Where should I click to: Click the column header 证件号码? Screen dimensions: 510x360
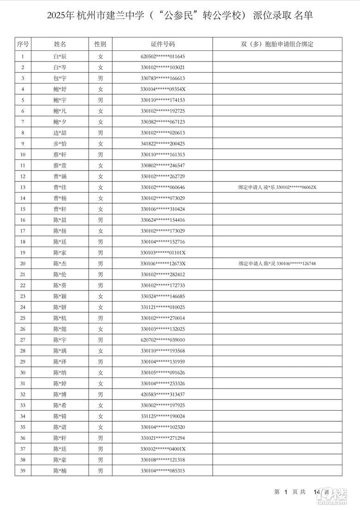tap(163, 44)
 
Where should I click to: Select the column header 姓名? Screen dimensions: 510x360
tap(60, 44)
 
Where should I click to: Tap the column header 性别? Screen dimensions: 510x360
tap(100, 44)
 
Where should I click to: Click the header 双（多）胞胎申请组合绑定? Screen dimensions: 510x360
tap(277, 44)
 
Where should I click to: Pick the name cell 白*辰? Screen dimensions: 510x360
tap(60, 56)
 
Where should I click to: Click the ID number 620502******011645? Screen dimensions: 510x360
tap(163, 56)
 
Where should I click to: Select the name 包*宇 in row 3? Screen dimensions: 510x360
tap(60, 79)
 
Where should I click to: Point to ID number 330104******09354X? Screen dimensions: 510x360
tap(163, 89)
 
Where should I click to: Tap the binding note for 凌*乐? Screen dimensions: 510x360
tap(277, 188)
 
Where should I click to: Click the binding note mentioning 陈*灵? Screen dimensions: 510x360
tap(277, 264)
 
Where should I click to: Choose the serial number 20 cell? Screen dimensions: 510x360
tap(23, 264)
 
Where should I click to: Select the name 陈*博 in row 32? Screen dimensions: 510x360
tap(60, 395)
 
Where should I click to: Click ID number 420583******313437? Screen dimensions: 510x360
tap(163, 395)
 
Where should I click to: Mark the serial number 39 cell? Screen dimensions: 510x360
tap(23, 471)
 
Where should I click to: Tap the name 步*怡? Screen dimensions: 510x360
tap(60, 144)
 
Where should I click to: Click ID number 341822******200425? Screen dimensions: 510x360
tap(163, 144)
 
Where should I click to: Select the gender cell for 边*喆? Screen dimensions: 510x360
tap(100, 133)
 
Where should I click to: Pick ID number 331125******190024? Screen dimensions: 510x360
tap(163, 416)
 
